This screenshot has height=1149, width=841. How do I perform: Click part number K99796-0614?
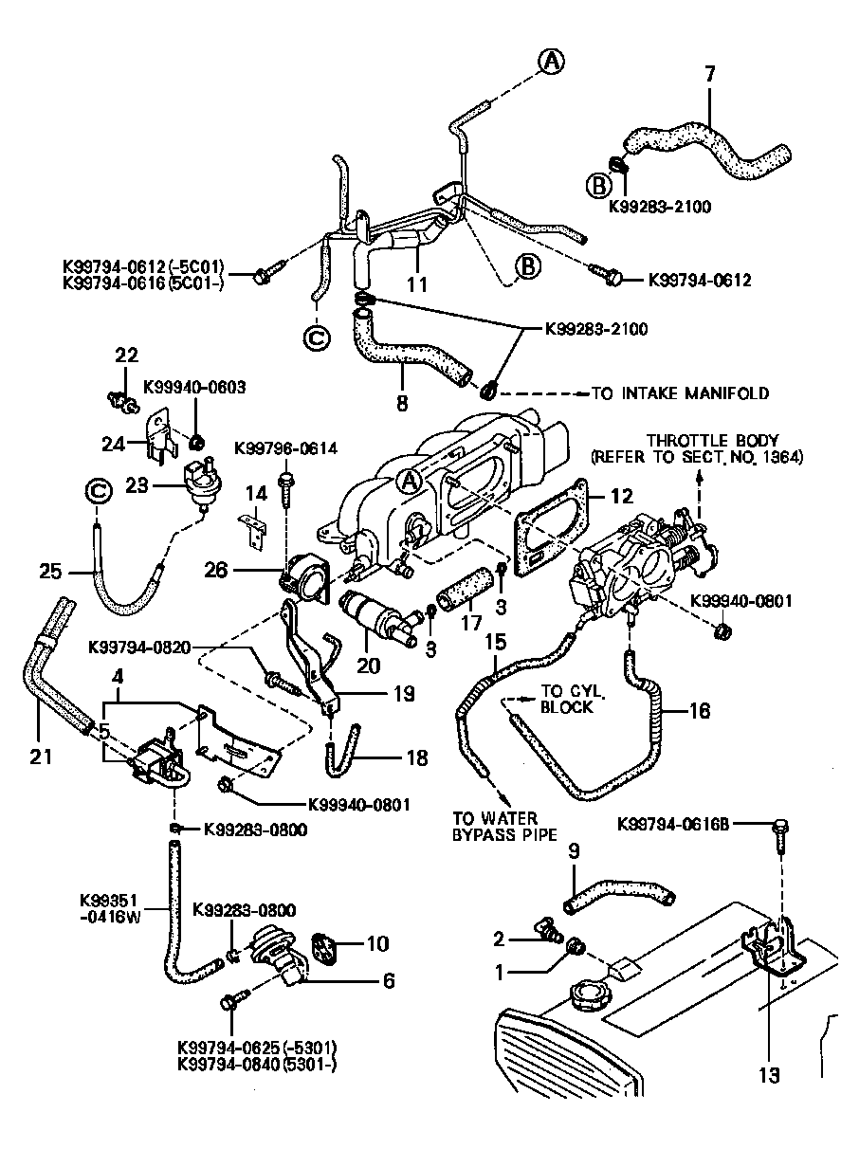[285, 447]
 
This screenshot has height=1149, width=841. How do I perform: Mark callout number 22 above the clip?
[126, 356]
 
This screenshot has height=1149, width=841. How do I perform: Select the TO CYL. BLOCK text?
[567, 699]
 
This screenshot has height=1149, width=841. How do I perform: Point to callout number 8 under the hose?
[402, 401]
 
